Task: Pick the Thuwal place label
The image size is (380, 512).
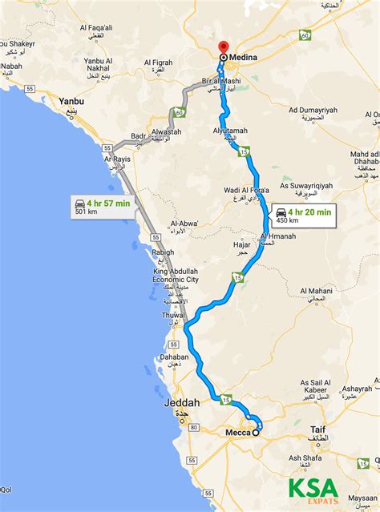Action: (172, 316)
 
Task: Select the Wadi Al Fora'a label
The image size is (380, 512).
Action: (246, 191)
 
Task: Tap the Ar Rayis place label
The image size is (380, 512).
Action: (117, 159)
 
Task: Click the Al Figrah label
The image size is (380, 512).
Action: (161, 62)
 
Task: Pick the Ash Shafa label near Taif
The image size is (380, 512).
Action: (297, 458)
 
